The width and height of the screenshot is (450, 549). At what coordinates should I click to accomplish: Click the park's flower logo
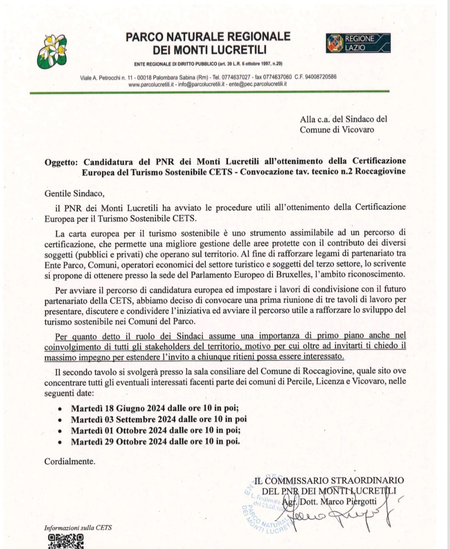click(x=52, y=51)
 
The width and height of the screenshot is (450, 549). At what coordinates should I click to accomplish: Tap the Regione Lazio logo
click(x=358, y=43)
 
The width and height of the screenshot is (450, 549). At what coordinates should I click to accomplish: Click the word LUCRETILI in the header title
click(x=238, y=50)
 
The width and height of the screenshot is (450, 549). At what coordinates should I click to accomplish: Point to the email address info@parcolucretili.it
click(x=202, y=84)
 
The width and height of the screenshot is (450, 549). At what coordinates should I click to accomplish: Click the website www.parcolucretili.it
click(x=151, y=84)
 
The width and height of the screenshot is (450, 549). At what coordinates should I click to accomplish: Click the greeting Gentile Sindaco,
click(x=75, y=193)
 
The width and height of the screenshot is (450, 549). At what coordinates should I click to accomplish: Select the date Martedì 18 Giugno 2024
click(x=118, y=408)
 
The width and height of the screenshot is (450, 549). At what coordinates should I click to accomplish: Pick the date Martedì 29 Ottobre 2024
click(x=118, y=442)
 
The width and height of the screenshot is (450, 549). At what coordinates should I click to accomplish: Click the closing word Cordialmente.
click(x=70, y=462)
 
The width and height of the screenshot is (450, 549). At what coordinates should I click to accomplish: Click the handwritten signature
click(x=342, y=517)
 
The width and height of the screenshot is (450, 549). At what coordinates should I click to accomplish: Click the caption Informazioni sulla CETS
click(x=78, y=528)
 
